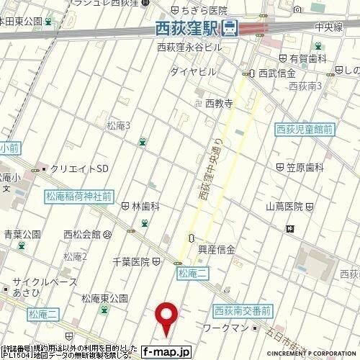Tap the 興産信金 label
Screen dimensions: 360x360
216,250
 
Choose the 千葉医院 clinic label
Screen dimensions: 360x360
131,261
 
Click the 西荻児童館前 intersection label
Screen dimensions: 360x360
305,130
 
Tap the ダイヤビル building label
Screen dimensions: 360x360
193,72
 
